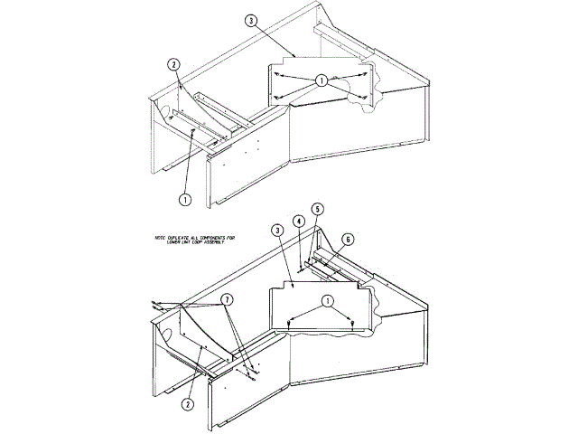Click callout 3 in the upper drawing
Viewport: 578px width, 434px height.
[252, 19]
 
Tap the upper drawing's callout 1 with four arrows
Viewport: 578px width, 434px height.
[321, 80]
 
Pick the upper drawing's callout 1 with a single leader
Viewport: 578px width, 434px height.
[184, 198]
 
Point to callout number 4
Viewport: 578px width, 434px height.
[297, 221]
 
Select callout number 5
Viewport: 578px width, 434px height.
[317, 208]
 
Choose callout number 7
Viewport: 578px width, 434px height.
[228, 298]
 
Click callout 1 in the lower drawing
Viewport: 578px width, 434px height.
[327, 300]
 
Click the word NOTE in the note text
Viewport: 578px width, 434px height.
[163, 237]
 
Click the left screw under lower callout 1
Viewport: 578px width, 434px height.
[287, 322]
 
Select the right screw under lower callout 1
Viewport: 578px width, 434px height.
[349, 323]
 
